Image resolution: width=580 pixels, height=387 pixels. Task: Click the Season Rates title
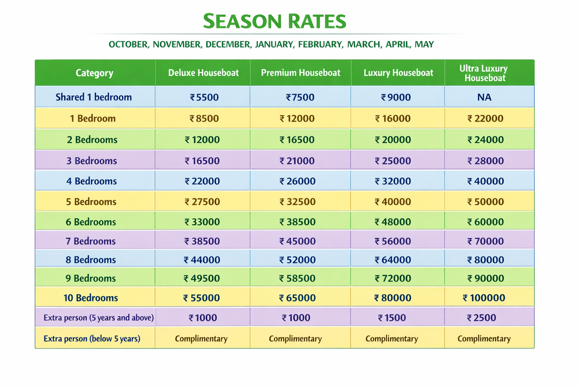click(x=275, y=21)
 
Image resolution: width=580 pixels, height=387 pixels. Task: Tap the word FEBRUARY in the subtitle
click(x=320, y=45)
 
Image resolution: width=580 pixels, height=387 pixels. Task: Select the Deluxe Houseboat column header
click(x=203, y=73)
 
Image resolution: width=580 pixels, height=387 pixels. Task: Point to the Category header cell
click(x=94, y=73)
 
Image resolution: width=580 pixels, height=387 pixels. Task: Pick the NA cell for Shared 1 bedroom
click(x=484, y=98)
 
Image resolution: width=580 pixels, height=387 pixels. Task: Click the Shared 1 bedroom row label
click(x=94, y=98)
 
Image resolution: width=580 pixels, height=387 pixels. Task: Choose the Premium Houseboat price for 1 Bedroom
click(x=297, y=119)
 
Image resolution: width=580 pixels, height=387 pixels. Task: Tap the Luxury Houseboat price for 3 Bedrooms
click(x=393, y=161)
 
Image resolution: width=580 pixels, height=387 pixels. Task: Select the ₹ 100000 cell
click(x=484, y=298)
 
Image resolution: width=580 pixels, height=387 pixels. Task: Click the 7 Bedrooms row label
click(x=91, y=241)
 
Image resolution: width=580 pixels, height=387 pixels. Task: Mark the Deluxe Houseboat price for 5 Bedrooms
click(x=202, y=202)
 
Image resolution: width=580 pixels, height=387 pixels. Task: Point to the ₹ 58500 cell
click(x=297, y=279)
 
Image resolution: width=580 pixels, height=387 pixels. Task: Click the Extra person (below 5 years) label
click(x=92, y=339)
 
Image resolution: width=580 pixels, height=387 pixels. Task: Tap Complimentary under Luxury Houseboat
click(x=392, y=339)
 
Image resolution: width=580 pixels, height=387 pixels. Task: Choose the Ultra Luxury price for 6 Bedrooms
click(x=486, y=222)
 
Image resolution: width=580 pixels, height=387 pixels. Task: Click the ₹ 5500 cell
click(x=204, y=98)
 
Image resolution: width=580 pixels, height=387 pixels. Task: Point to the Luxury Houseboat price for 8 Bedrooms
click(x=393, y=260)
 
